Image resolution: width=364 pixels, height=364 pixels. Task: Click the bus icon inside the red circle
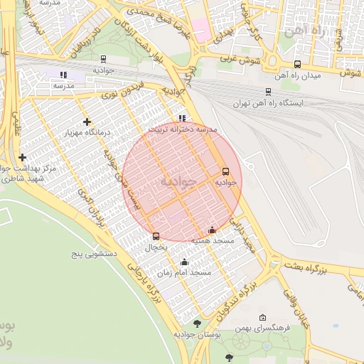tap(225, 171)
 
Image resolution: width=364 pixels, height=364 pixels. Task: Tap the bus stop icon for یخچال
tap(156, 236)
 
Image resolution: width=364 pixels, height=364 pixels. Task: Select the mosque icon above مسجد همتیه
tap(212, 230)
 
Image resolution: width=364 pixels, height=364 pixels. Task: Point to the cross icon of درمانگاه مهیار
tap(87, 122)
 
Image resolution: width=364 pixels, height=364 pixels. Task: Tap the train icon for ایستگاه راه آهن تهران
tap(268, 92)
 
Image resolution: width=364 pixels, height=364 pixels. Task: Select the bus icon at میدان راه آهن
tap(297, 64)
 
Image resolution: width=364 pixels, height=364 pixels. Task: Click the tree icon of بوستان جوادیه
tap(197, 323)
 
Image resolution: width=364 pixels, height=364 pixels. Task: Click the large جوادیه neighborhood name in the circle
tap(178, 181)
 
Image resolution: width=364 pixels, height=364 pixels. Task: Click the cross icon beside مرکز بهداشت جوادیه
tap(22, 157)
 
